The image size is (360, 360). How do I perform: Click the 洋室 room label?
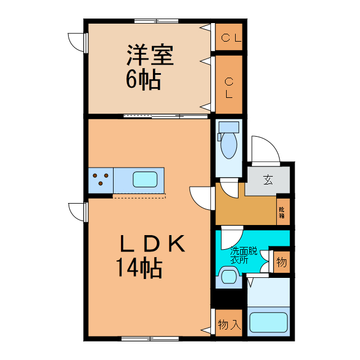(x=149, y=56)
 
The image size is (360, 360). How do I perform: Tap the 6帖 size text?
(x=143, y=80)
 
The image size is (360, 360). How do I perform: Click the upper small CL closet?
(x=229, y=38)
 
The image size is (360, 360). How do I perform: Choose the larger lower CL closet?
(x=229, y=88)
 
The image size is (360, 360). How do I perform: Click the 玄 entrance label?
(x=268, y=181)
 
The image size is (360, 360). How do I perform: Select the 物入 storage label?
(x=229, y=325)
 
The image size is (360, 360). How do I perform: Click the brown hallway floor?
(x=245, y=210)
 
